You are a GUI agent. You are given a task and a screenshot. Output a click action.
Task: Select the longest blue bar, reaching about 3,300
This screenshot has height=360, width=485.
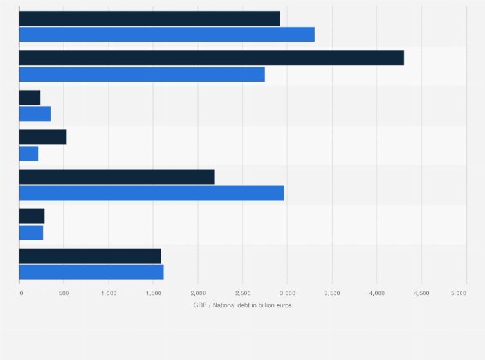[x=167, y=35]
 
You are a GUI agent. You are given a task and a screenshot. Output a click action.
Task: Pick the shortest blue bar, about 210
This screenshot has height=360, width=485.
[x=28, y=154]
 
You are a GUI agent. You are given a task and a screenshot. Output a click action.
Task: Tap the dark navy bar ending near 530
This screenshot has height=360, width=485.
[x=42, y=137]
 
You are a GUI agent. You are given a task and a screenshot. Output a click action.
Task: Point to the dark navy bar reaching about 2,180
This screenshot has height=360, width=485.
[x=116, y=177]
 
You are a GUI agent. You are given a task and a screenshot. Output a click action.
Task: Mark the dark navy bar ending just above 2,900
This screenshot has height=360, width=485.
[x=149, y=18]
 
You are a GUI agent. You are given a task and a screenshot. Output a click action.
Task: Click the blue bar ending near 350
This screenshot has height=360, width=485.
[x=35, y=114]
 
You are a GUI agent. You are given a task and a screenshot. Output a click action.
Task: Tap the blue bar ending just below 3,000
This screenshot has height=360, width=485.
[x=151, y=193]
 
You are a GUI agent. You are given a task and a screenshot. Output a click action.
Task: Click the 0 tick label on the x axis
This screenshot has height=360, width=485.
[x=21, y=293]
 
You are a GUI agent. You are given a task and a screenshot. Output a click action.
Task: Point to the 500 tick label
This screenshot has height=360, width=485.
[x=63, y=293]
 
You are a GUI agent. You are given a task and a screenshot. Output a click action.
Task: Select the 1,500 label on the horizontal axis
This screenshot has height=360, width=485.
[x=152, y=293]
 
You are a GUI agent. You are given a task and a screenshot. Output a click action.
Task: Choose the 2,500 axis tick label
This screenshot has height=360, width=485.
[x=242, y=293]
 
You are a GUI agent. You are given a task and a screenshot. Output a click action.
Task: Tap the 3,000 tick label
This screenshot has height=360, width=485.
[x=287, y=293]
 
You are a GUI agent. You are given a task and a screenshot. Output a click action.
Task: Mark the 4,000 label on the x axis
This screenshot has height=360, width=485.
[x=376, y=293]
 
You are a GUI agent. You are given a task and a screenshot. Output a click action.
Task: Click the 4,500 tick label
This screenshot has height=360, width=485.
[x=421, y=293]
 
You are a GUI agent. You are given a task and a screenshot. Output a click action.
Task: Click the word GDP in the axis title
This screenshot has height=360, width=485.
[x=199, y=305]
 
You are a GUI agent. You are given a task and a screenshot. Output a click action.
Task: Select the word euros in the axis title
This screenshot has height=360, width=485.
[x=283, y=305]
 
